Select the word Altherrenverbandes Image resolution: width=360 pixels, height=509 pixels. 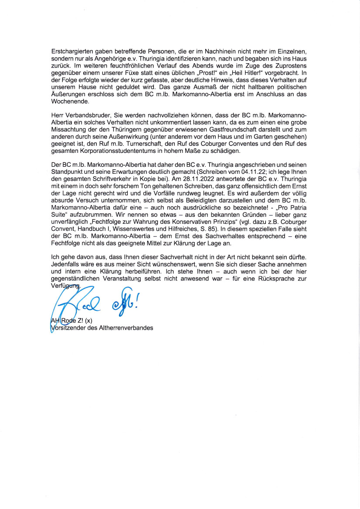(x=126, y=328)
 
